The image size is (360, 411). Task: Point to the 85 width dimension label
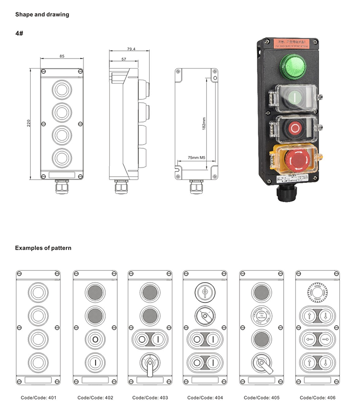tap(62, 57)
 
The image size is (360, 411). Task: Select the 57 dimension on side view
tap(124, 59)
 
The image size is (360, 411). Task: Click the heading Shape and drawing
tap(42, 14)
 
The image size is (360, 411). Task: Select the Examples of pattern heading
tap(43, 248)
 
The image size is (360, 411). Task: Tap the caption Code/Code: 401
tap(38, 398)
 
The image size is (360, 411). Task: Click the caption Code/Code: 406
tap(317, 398)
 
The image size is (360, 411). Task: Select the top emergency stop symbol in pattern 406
tap(317, 291)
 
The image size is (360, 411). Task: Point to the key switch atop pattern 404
tap(205, 291)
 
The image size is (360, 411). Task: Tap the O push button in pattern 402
tap(95, 339)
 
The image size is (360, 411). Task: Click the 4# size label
tap(20, 34)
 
